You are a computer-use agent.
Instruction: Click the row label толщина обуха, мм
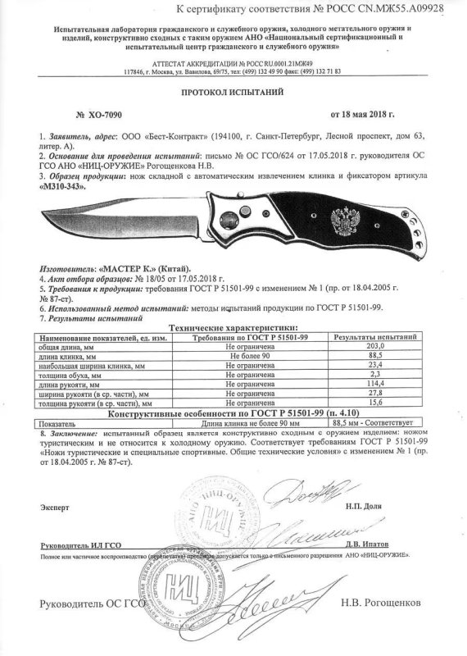[75, 374]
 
